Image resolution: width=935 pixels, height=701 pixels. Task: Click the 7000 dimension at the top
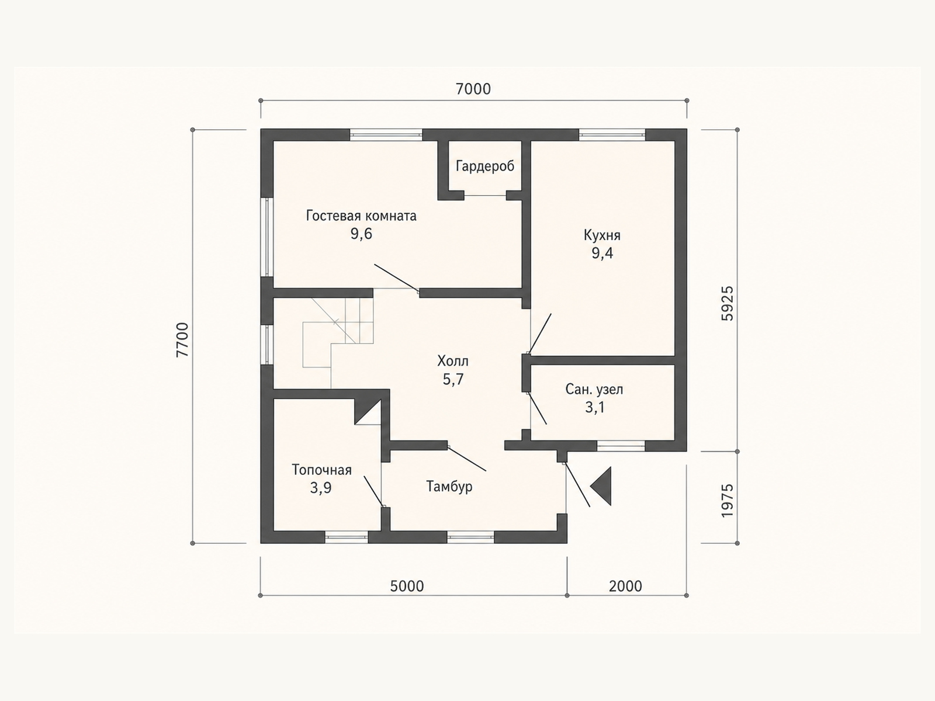(473, 89)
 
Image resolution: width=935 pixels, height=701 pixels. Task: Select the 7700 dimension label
(182, 339)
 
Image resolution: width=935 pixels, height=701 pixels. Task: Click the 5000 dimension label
(407, 586)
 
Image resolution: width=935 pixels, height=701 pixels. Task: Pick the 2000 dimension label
(625, 586)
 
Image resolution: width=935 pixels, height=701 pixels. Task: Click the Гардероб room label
(485, 166)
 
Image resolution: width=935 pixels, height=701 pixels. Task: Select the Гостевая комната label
(361, 216)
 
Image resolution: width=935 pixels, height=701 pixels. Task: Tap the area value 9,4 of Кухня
(602, 254)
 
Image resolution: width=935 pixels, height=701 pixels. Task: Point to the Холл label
(453, 362)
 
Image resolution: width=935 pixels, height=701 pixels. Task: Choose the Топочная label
(321, 470)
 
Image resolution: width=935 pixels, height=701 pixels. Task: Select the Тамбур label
(449, 486)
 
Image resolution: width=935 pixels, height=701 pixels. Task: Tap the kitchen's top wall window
(612, 135)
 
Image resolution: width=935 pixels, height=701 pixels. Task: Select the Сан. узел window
(621, 446)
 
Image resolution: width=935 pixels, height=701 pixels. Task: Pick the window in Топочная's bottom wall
(347, 537)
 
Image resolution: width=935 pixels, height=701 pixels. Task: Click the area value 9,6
(361, 234)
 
